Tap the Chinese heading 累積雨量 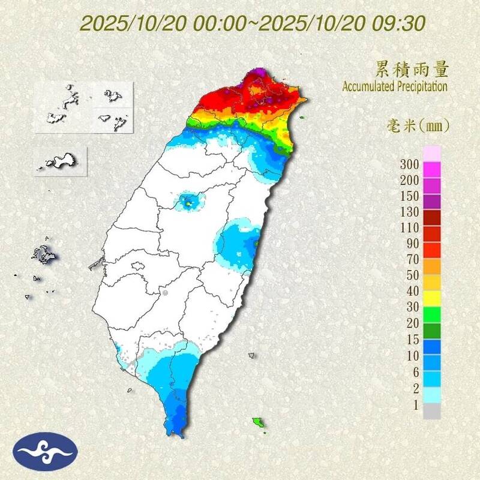[x=412, y=70]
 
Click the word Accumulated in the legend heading [x=367, y=86]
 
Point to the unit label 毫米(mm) [x=418, y=126]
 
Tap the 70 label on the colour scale [x=411, y=259]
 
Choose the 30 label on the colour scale [x=411, y=307]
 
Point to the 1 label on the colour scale [x=413, y=405]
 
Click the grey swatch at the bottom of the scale [x=432, y=411]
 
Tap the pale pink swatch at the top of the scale [x=432, y=153]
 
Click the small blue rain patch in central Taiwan [x=189, y=202]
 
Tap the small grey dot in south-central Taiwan [x=164, y=293]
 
